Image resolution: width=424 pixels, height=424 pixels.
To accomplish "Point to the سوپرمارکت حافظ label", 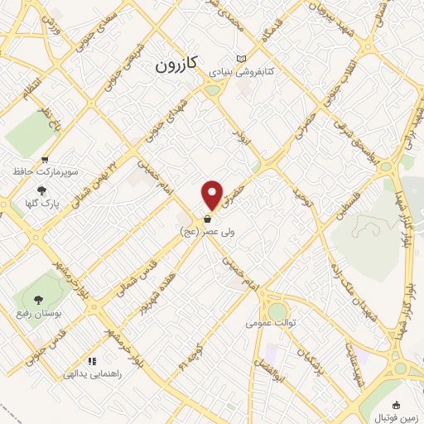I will tap(46, 172).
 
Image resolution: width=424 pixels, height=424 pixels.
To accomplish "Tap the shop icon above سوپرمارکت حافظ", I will tap(46, 160).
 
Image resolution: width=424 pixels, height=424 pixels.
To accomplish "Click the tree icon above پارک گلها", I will tap(41, 190).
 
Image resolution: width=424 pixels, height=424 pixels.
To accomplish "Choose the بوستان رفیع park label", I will tap(36, 315).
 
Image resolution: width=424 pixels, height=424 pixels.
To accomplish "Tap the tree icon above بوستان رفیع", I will tap(36, 301).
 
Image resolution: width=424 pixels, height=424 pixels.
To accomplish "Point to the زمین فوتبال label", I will tap(396, 418).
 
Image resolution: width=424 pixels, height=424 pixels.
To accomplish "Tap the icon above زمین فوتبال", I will tap(396, 405).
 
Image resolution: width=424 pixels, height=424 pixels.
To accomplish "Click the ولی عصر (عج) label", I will tap(206, 233).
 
